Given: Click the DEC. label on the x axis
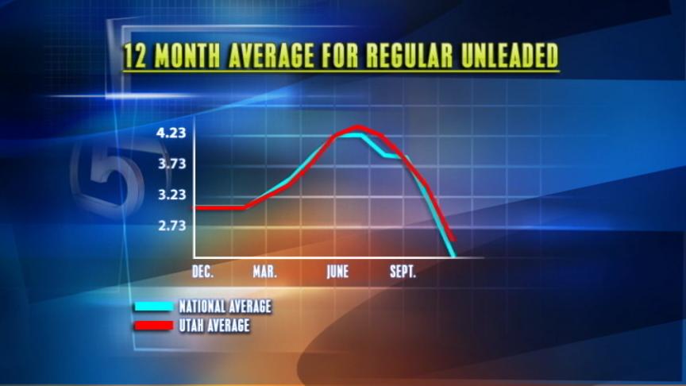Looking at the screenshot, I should pyautogui.click(x=203, y=272).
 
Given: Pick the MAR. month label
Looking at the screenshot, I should pyautogui.click(x=264, y=272).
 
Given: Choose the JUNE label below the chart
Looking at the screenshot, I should pyautogui.click(x=337, y=272).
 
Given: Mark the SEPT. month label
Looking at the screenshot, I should pyautogui.click(x=403, y=272).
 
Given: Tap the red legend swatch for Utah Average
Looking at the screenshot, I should pyautogui.click(x=154, y=326).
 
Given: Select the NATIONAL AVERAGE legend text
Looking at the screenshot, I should pyautogui.click(x=225, y=307).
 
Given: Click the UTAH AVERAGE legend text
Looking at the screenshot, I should pyautogui.click(x=214, y=326).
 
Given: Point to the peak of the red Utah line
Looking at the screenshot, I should pyautogui.click(x=357, y=128).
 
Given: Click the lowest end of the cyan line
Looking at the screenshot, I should pyautogui.click(x=453, y=255).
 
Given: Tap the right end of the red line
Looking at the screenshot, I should pyautogui.click(x=453, y=240).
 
